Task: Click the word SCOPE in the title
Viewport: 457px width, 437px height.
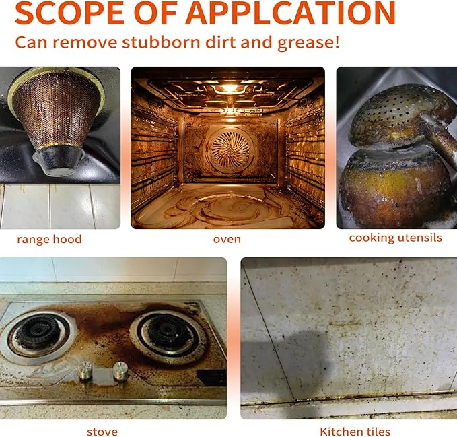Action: [x=69, y=13]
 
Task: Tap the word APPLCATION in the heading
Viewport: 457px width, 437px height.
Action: [x=290, y=13]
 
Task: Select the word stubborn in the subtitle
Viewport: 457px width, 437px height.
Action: [x=161, y=42]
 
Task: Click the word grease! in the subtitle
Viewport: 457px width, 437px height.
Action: [x=308, y=43]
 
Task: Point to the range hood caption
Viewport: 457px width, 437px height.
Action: [x=49, y=239]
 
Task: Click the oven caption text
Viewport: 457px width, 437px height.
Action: [x=227, y=239]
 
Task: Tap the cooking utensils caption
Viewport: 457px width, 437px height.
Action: [x=396, y=238]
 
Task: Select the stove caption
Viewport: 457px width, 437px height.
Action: [x=102, y=432]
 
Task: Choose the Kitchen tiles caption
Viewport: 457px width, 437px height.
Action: [x=355, y=432]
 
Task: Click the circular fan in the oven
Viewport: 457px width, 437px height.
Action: [x=231, y=149]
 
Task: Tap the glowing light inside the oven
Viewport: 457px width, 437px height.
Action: [x=230, y=88]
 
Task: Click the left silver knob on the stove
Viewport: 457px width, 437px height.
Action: [x=85, y=370]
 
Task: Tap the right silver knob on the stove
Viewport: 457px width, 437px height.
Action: [x=120, y=371]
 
